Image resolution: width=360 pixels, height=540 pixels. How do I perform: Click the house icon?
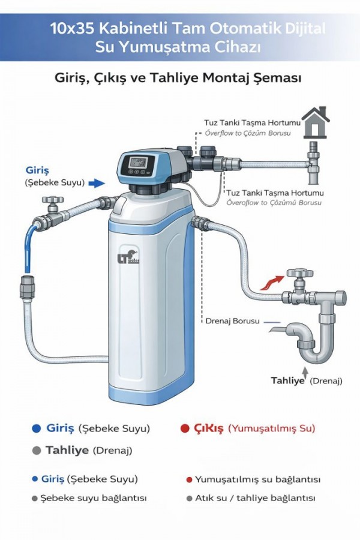(x=315, y=122)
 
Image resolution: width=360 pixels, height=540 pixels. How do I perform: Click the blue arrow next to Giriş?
(x=97, y=183)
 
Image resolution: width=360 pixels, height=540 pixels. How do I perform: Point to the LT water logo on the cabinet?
(x=128, y=257)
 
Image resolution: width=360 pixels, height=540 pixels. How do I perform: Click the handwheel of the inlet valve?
(x=52, y=199)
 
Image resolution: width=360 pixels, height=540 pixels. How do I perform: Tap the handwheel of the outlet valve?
(x=300, y=274)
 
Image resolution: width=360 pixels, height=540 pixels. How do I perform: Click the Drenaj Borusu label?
(x=232, y=321)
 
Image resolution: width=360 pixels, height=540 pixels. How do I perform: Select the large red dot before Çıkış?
(x=185, y=428)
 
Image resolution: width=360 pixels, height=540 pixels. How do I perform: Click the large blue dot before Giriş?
(x=36, y=428)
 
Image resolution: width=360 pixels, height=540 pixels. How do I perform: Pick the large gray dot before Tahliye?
(x=36, y=451)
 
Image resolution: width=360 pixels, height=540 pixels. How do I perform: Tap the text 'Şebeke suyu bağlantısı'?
(x=94, y=498)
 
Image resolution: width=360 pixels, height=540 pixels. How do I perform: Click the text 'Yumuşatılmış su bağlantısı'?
(x=257, y=479)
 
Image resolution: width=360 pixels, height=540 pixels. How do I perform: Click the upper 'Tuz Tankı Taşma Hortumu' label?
(x=252, y=122)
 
